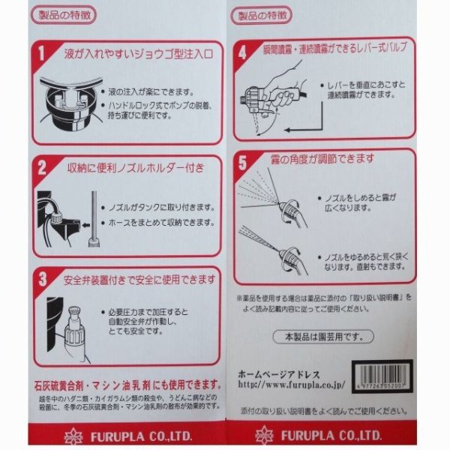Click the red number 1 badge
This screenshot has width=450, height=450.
point(43,55)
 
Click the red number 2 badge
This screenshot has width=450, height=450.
point(43,167)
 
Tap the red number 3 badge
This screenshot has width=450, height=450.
point(43,279)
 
